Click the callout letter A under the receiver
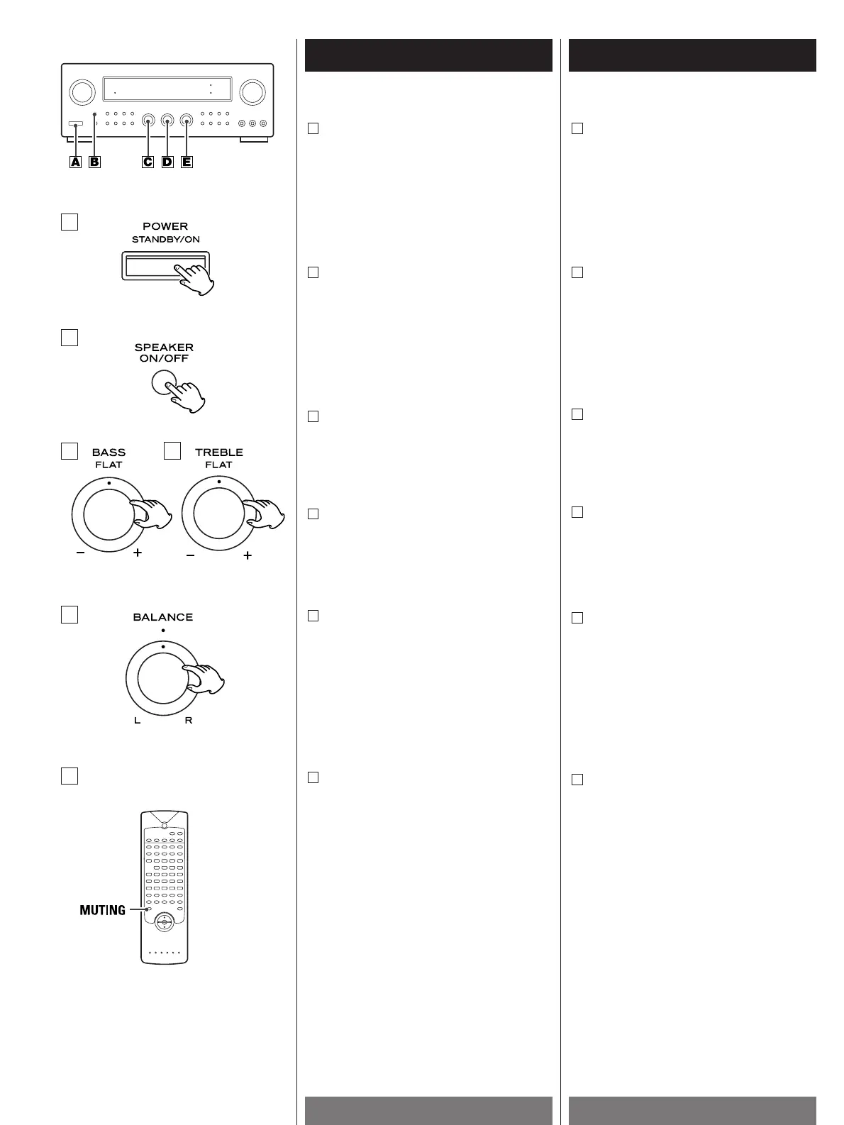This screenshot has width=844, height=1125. click(x=75, y=162)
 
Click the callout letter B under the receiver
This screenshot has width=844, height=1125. click(x=94, y=162)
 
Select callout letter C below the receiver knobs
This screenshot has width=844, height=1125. click(x=148, y=162)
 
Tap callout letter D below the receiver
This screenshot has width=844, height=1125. click(x=167, y=162)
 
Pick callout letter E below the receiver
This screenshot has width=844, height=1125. click(x=187, y=162)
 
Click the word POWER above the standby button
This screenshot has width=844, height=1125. click(x=165, y=227)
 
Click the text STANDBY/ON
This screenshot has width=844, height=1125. click(x=165, y=240)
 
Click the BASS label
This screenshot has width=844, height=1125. click(x=109, y=453)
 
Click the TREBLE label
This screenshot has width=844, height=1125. click(x=218, y=453)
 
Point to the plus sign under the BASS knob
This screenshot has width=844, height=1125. click(x=137, y=553)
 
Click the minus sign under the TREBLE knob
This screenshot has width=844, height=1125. click(x=190, y=556)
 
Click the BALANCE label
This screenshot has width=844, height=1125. click(x=163, y=617)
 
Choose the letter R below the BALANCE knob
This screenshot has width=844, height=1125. click(x=189, y=721)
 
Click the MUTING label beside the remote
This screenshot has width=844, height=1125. click(x=103, y=910)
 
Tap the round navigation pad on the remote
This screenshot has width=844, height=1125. click(x=164, y=923)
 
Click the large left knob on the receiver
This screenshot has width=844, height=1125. click(x=82, y=91)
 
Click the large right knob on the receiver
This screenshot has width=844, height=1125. click(x=252, y=92)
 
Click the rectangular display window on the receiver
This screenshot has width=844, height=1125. click(x=167, y=89)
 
